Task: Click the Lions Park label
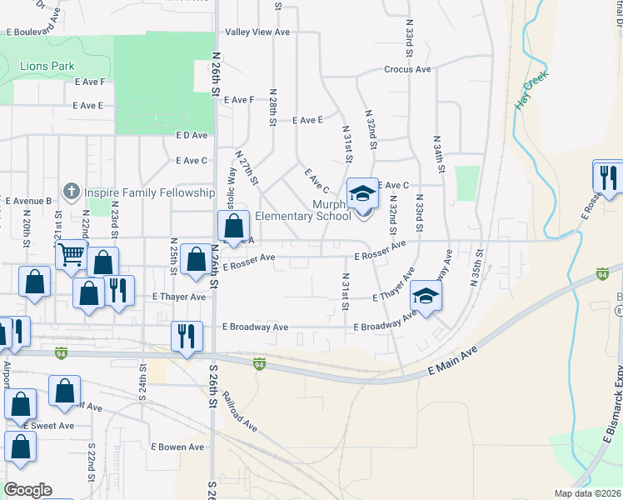[47, 67]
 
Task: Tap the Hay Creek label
[531, 97]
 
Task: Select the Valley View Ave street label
[257, 32]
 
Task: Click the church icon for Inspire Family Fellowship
[72, 192]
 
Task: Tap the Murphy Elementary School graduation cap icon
[362, 195]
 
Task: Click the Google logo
[27, 490]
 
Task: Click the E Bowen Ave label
[177, 447]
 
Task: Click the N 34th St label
[437, 152]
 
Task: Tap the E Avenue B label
[28, 201]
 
